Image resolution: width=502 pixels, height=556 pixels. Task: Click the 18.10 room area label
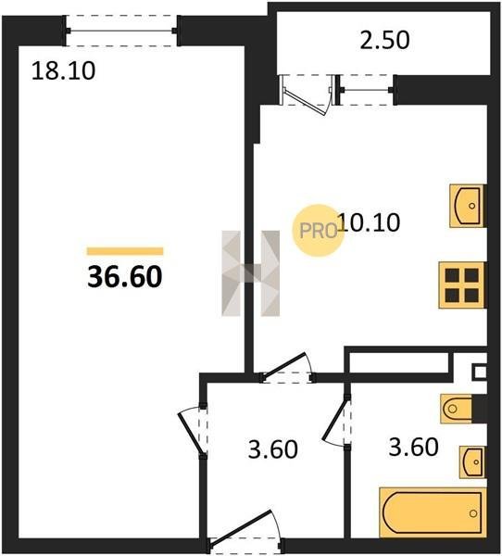(x=64, y=70)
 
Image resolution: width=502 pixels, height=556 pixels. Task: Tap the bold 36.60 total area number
(x=125, y=276)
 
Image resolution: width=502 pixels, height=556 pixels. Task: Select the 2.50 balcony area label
(x=384, y=40)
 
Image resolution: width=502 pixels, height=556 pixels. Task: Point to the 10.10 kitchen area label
(x=369, y=222)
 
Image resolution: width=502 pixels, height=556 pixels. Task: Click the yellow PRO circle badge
(x=318, y=231)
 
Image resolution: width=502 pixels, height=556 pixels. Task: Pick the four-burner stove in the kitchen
(x=462, y=285)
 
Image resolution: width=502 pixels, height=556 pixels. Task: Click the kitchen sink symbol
(x=468, y=206)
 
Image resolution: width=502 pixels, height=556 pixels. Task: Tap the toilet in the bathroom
(x=457, y=409)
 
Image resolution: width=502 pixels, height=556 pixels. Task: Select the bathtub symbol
(x=433, y=512)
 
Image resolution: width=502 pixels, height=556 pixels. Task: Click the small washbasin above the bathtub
(x=472, y=462)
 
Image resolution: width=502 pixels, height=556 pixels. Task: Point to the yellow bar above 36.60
(x=125, y=251)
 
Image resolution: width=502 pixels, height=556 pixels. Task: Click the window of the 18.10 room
(x=121, y=31)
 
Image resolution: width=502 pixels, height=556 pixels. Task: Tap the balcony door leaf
(x=306, y=102)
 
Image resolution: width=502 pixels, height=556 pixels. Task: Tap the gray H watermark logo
(x=251, y=273)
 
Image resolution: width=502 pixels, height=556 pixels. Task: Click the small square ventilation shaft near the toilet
(x=480, y=373)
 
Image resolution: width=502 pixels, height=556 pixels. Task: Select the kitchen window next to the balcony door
(x=366, y=90)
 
